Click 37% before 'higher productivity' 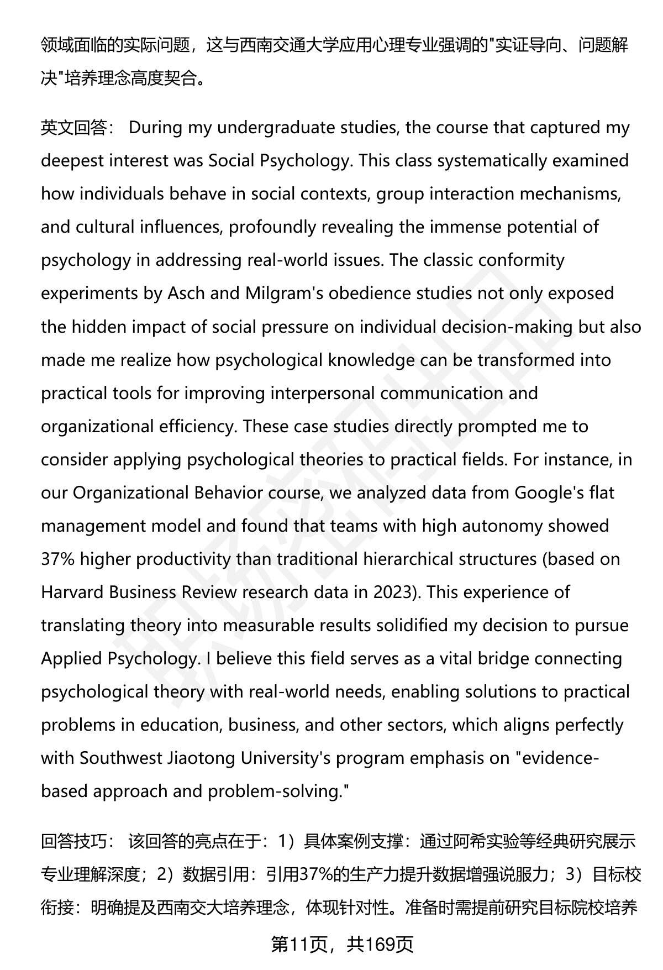(x=57, y=559)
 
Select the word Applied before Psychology (x=71, y=658)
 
